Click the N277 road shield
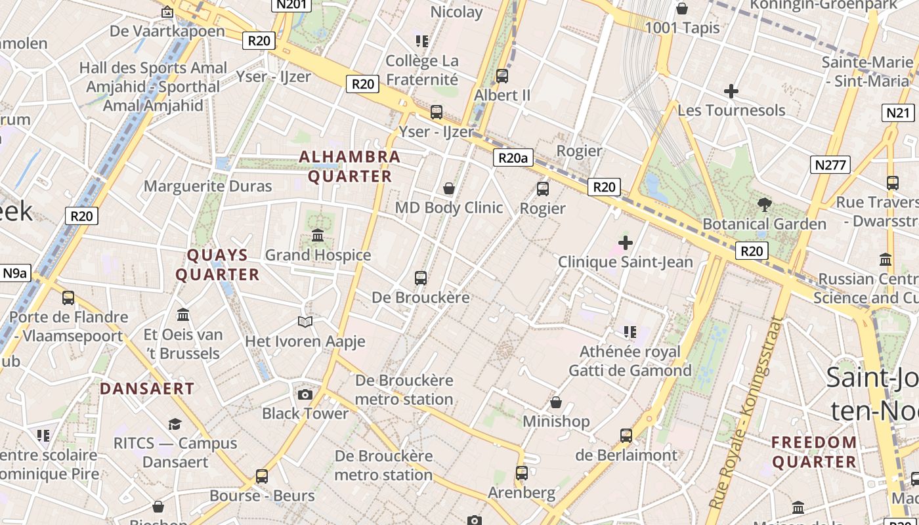830,165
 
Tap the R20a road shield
513,157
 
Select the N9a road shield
14,273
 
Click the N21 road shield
898,112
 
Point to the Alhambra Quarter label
349,167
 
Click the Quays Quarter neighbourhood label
217,265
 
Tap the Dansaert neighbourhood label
147,388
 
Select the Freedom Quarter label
814,452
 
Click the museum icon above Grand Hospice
318,235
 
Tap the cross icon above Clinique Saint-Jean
625,243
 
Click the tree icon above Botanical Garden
764,204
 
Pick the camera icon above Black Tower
305,394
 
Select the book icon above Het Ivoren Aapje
305,322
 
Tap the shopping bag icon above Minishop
556,402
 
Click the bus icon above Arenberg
522,472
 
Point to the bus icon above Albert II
502,75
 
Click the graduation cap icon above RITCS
175,424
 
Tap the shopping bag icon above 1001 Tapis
682,9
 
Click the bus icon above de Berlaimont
626,435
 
